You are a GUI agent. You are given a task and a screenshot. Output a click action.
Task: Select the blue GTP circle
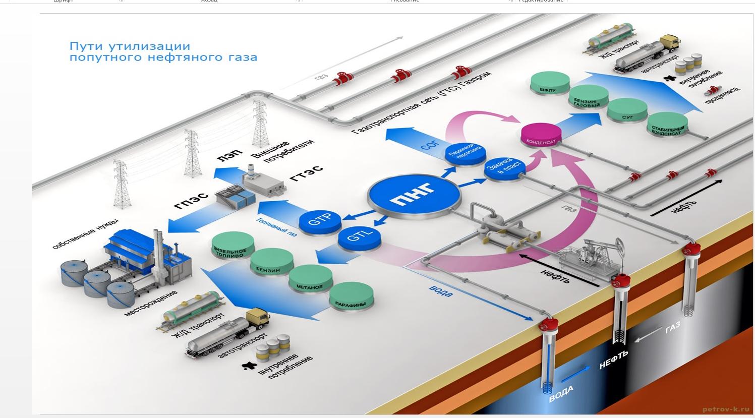point(320,220)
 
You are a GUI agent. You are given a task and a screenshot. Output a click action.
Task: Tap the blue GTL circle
point(359,237)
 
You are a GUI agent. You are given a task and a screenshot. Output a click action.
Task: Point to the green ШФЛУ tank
point(549,84)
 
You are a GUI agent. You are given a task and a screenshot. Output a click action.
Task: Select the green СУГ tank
point(627,111)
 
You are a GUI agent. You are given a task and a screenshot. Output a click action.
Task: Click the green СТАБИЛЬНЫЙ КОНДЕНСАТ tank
point(667,127)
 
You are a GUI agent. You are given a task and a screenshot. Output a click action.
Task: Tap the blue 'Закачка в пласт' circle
point(505,169)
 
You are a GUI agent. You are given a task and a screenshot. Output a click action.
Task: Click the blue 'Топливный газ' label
point(276,227)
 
